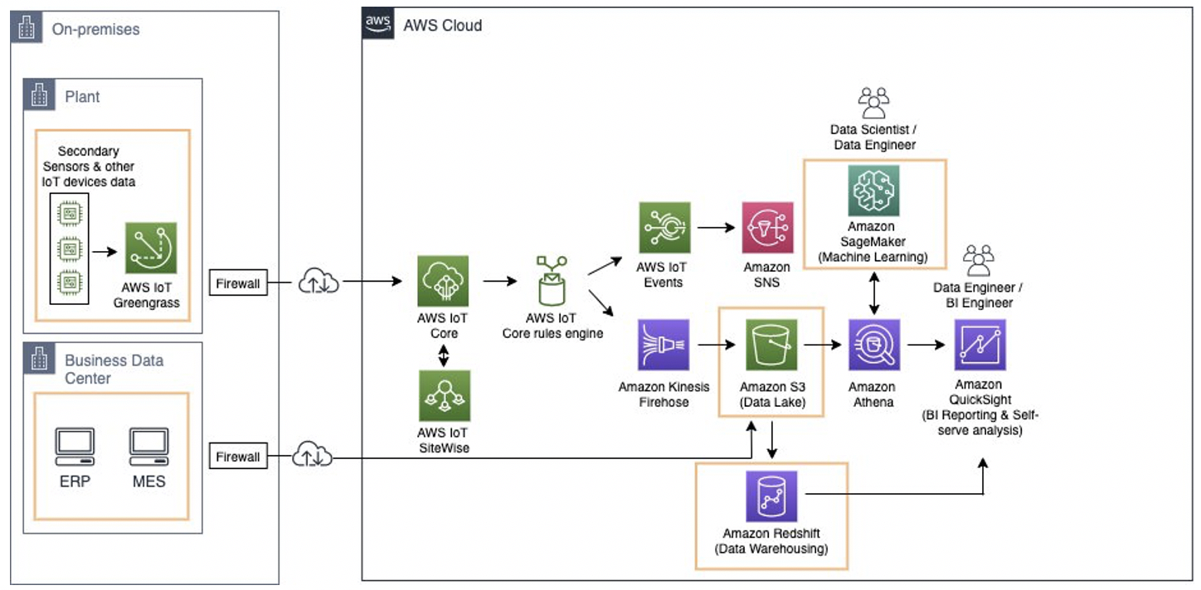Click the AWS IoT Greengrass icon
(x=151, y=248)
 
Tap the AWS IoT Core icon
(x=443, y=281)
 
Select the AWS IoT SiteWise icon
(x=444, y=395)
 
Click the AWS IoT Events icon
(x=664, y=228)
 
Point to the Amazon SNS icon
(x=767, y=228)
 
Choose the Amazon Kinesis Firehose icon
(x=664, y=345)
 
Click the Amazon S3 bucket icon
(x=771, y=345)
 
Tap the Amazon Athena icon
(x=873, y=345)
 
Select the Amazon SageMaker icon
(x=873, y=190)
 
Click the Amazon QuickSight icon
(x=980, y=345)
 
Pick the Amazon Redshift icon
(x=771, y=497)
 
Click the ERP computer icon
(x=75, y=447)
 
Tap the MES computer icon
(x=148, y=447)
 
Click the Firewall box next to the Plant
(x=238, y=283)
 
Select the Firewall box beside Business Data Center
(x=238, y=457)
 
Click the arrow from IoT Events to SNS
(x=717, y=227)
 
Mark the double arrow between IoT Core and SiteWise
(x=444, y=355)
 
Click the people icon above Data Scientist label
(x=873, y=102)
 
